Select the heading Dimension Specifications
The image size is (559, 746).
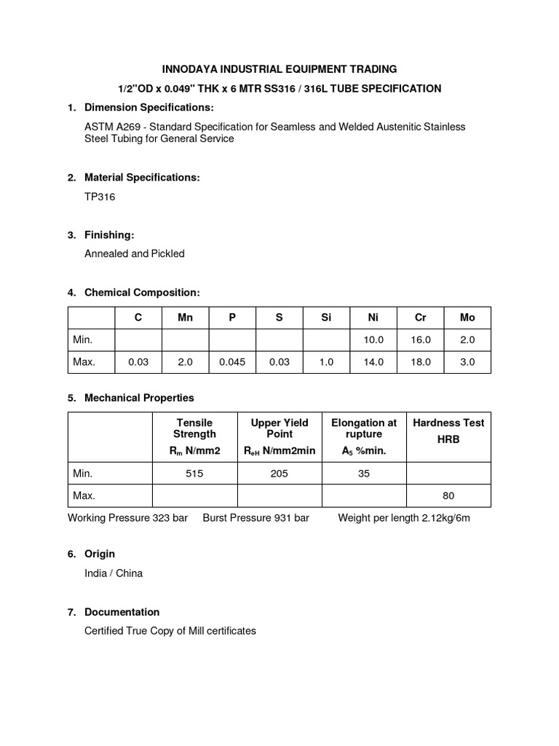[x=149, y=108]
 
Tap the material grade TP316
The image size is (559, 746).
[x=100, y=197]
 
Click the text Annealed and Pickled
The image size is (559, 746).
[x=135, y=254]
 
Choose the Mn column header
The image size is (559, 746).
[x=185, y=318]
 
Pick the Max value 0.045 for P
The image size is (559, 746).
[x=232, y=361]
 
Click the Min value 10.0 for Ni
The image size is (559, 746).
[x=373, y=339]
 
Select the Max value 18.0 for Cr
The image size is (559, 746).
[x=421, y=361]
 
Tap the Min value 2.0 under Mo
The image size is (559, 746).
[x=467, y=339]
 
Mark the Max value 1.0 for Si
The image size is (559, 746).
[x=326, y=361]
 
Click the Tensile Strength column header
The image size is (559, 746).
[x=194, y=428]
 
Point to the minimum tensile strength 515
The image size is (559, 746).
[x=194, y=474]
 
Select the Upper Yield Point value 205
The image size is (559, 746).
[x=279, y=474]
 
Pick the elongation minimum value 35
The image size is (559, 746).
[x=364, y=474]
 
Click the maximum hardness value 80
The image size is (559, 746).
[x=448, y=495]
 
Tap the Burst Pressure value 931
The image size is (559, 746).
[x=282, y=518]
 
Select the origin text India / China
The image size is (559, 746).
[x=114, y=573]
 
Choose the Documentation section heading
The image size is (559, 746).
[x=122, y=612]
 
